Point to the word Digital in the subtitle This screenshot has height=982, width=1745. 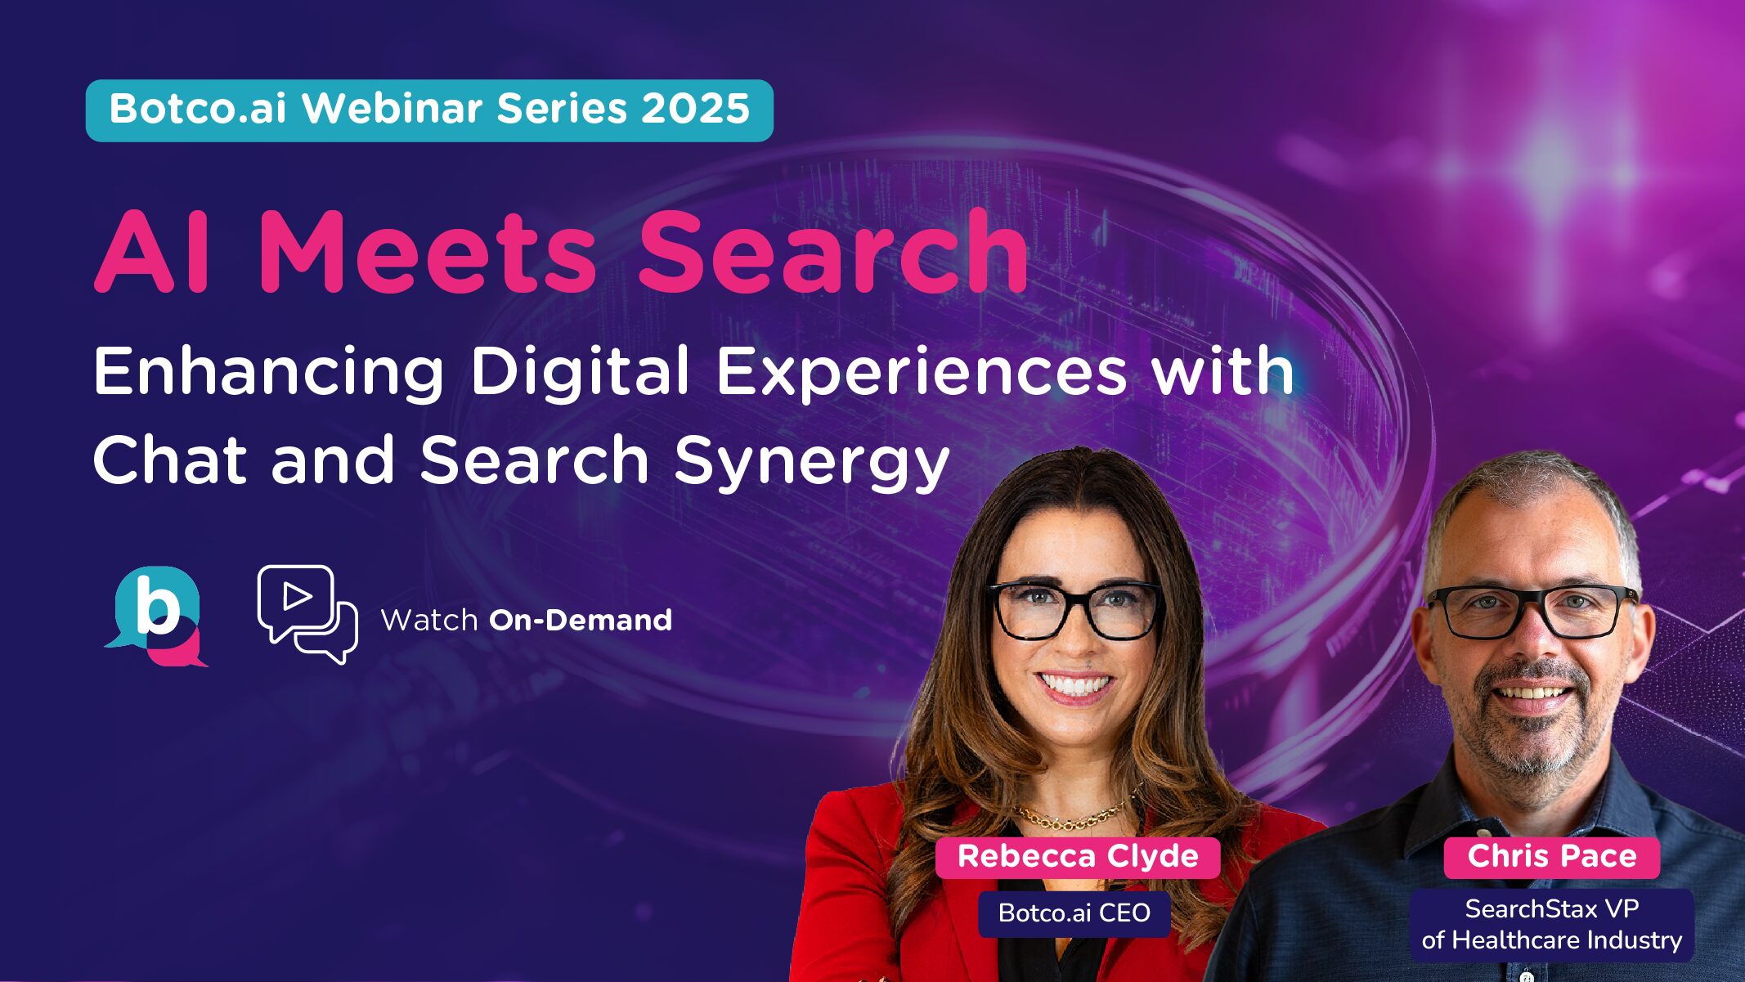(x=580, y=372)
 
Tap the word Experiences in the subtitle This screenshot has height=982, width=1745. (x=922, y=372)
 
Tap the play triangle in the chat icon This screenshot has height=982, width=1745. (x=296, y=596)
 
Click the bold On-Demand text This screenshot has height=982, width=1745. (x=581, y=621)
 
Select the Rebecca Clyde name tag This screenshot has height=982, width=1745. (x=1077, y=857)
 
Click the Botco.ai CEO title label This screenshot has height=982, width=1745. (x=1074, y=912)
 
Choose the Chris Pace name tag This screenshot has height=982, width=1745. (x=1551, y=857)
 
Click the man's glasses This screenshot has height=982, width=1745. (x=1533, y=612)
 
